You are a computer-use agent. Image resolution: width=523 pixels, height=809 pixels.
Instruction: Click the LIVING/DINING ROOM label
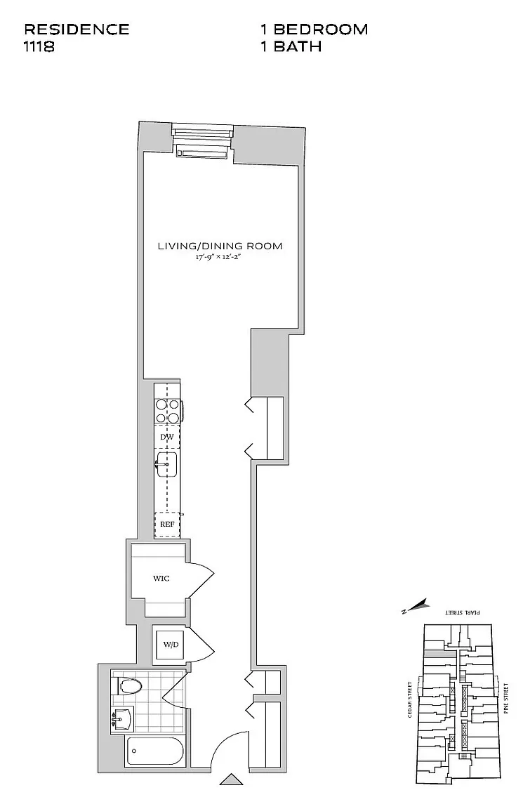pyautogui.click(x=220, y=246)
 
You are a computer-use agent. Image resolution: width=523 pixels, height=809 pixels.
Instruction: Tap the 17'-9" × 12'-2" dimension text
pyautogui.click(x=218, y=258)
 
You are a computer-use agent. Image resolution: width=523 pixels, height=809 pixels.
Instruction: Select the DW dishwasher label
pyautogui.click(x=166, y=437)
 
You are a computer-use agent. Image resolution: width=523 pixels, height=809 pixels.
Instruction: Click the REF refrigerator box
pyautogui.click(x=167, y=524)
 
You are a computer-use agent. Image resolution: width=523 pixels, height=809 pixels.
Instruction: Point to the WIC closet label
pyautogui.click(x=161, y=579)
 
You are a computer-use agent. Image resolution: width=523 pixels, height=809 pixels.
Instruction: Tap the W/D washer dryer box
pyautogui.click(x=171, y=645)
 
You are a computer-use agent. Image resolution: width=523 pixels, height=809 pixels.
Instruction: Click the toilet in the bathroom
pyautogui.click(x=127, y=686)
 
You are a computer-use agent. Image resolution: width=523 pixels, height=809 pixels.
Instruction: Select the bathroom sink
pyautogui.click(x=122, y=718)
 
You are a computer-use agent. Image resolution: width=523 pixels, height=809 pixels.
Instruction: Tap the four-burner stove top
pyautogui.click(x=168, y=412)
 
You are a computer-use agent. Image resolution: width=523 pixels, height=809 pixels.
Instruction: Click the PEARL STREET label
pyautogui.click(x=463, y=612)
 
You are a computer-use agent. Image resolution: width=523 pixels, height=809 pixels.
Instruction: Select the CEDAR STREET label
pyautogui.click(x=410, y=699)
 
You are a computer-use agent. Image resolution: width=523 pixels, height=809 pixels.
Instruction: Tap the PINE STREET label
pyautogui.click(x=506, y=698)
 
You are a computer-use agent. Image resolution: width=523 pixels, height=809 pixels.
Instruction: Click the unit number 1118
pyautogui.click(x=39, y=46)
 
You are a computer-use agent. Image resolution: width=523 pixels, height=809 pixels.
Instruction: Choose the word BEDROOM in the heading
pyautogui.click(x=320, y=29)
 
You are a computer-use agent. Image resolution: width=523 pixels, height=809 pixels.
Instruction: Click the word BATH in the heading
pyautogui.click(x=298, y=46)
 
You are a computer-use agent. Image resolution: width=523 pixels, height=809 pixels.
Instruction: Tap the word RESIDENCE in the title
pyautogui.click(x=77, y=29)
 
